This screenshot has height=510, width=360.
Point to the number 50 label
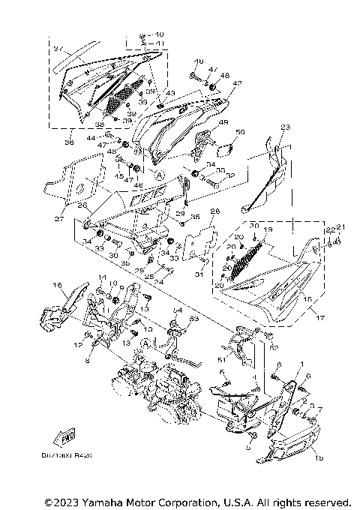[x=239, y=133]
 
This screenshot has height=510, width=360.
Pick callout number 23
[x=284, y=127]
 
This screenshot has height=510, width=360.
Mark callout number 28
[x=214, y=211]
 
